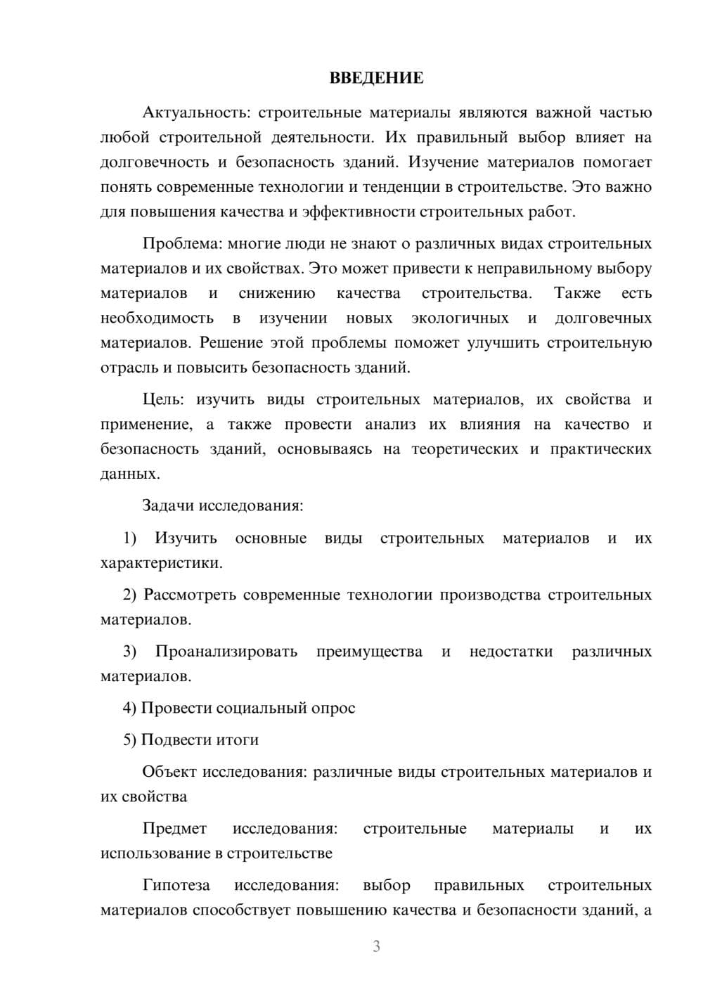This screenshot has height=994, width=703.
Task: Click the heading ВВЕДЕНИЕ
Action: tap(376, 78)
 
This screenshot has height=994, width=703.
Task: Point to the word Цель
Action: tap(163, 400)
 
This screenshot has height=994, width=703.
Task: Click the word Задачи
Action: tap(168, 506)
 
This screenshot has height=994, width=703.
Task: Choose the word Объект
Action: tap(169, 772)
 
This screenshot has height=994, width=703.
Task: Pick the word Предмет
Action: tap(174, 829)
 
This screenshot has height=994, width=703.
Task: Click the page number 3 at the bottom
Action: tap(376, 946)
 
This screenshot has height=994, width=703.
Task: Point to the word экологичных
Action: tap(460, 318)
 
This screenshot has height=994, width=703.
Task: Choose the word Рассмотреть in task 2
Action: tap(188, 595)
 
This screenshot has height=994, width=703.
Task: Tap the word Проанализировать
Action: tap(226, 652)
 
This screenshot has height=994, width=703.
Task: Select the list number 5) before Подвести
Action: tap(129, 740)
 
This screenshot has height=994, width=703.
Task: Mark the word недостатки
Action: tap(510, 652)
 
